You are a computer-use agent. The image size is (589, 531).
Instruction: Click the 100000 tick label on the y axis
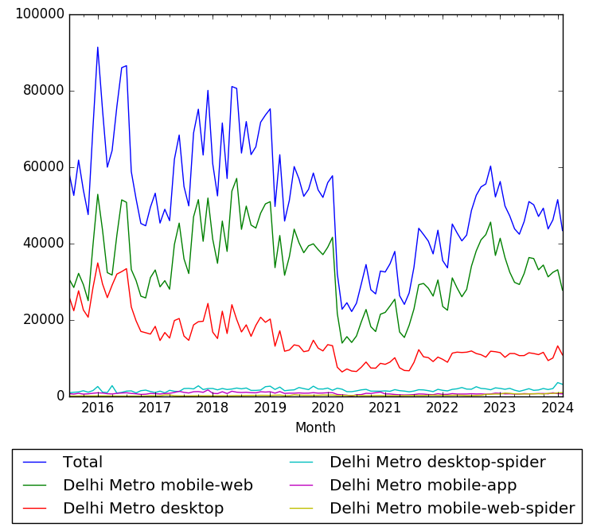point(38,14)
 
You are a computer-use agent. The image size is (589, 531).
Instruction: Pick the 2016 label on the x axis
point(98,408)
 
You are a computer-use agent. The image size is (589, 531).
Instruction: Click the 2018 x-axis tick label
point(213,408)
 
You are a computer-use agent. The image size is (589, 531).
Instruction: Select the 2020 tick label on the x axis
point(328,408)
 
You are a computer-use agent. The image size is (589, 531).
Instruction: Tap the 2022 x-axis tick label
point(443,408)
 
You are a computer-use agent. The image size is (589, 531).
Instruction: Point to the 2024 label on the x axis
point(558,408)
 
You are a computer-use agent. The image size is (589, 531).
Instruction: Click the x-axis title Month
point(315,428)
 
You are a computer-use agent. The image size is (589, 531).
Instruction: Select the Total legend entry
point(83,463)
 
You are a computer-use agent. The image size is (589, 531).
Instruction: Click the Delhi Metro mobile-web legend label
point(158,486)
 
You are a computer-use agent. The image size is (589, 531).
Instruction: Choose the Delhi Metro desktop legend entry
point(143,508)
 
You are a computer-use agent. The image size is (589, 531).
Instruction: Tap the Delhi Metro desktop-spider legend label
point(437,463)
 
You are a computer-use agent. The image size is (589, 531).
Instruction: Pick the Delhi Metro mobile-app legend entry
point(423,486)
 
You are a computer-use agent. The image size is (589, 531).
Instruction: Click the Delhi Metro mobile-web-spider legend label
point(451,508)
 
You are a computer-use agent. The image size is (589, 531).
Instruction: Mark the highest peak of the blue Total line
point(98,47)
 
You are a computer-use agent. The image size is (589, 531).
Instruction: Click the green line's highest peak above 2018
point(236,178)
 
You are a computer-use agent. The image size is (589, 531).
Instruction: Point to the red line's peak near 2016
point(98,263)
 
